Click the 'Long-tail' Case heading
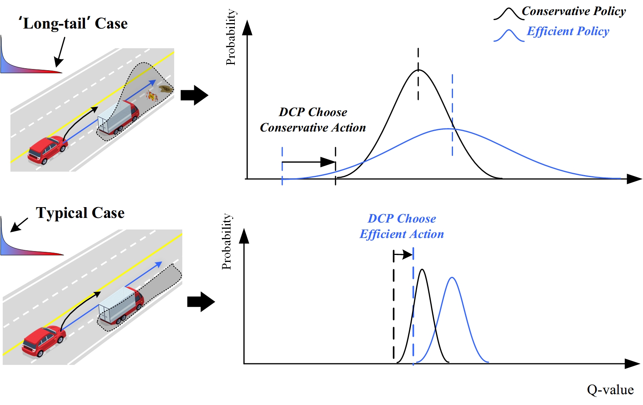(73, 24)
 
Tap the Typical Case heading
(80, 213)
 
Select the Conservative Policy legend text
(573, 12)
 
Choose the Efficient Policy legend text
(568, 31)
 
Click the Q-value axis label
(610, 390)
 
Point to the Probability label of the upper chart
(231, 37)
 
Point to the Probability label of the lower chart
(227, 241)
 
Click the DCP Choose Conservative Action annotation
(313, 120)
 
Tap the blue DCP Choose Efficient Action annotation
(402, 226)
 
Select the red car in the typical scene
(43, 340)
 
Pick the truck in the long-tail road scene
(118, 117)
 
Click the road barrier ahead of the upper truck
(152, 95)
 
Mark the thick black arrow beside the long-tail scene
(194, 95)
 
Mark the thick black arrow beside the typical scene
(201, 302)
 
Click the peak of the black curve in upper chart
(419, 70)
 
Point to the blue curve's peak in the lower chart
(452, 278)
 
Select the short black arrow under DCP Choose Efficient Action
(403, 255)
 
